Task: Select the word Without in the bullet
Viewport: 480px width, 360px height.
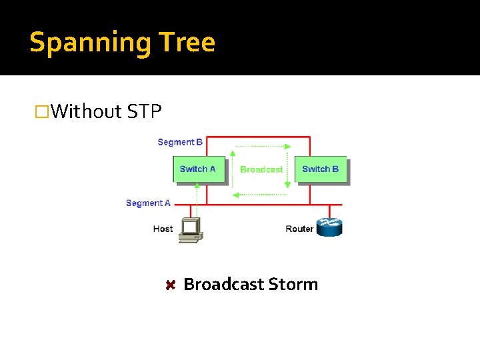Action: [x=86, y=111]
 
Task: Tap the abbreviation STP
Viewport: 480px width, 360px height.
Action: [x=144, y=111]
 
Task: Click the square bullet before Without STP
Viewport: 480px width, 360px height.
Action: [x=43, y=111]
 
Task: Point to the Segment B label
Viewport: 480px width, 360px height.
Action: [x=180, y=142]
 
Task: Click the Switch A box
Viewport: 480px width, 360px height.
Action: [x=198, y=169]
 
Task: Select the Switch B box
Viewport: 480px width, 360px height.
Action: [x=321, y=169]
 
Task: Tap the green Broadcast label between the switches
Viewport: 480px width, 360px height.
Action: [x=261, y=169]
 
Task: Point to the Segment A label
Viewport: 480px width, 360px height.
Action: [x=148, y=203]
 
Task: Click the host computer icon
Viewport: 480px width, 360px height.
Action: [x=191, y=230]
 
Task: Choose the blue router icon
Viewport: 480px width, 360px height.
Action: [x=329, y=227]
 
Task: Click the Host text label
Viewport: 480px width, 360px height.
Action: [x=163, y=229]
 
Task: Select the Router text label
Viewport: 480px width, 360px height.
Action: [x=299, y=229]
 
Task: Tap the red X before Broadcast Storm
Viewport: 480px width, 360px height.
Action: [x=170, y=285]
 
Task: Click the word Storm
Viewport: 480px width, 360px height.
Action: [x=293, y=285]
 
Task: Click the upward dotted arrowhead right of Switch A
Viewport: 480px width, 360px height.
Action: [x=232, y=153]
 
